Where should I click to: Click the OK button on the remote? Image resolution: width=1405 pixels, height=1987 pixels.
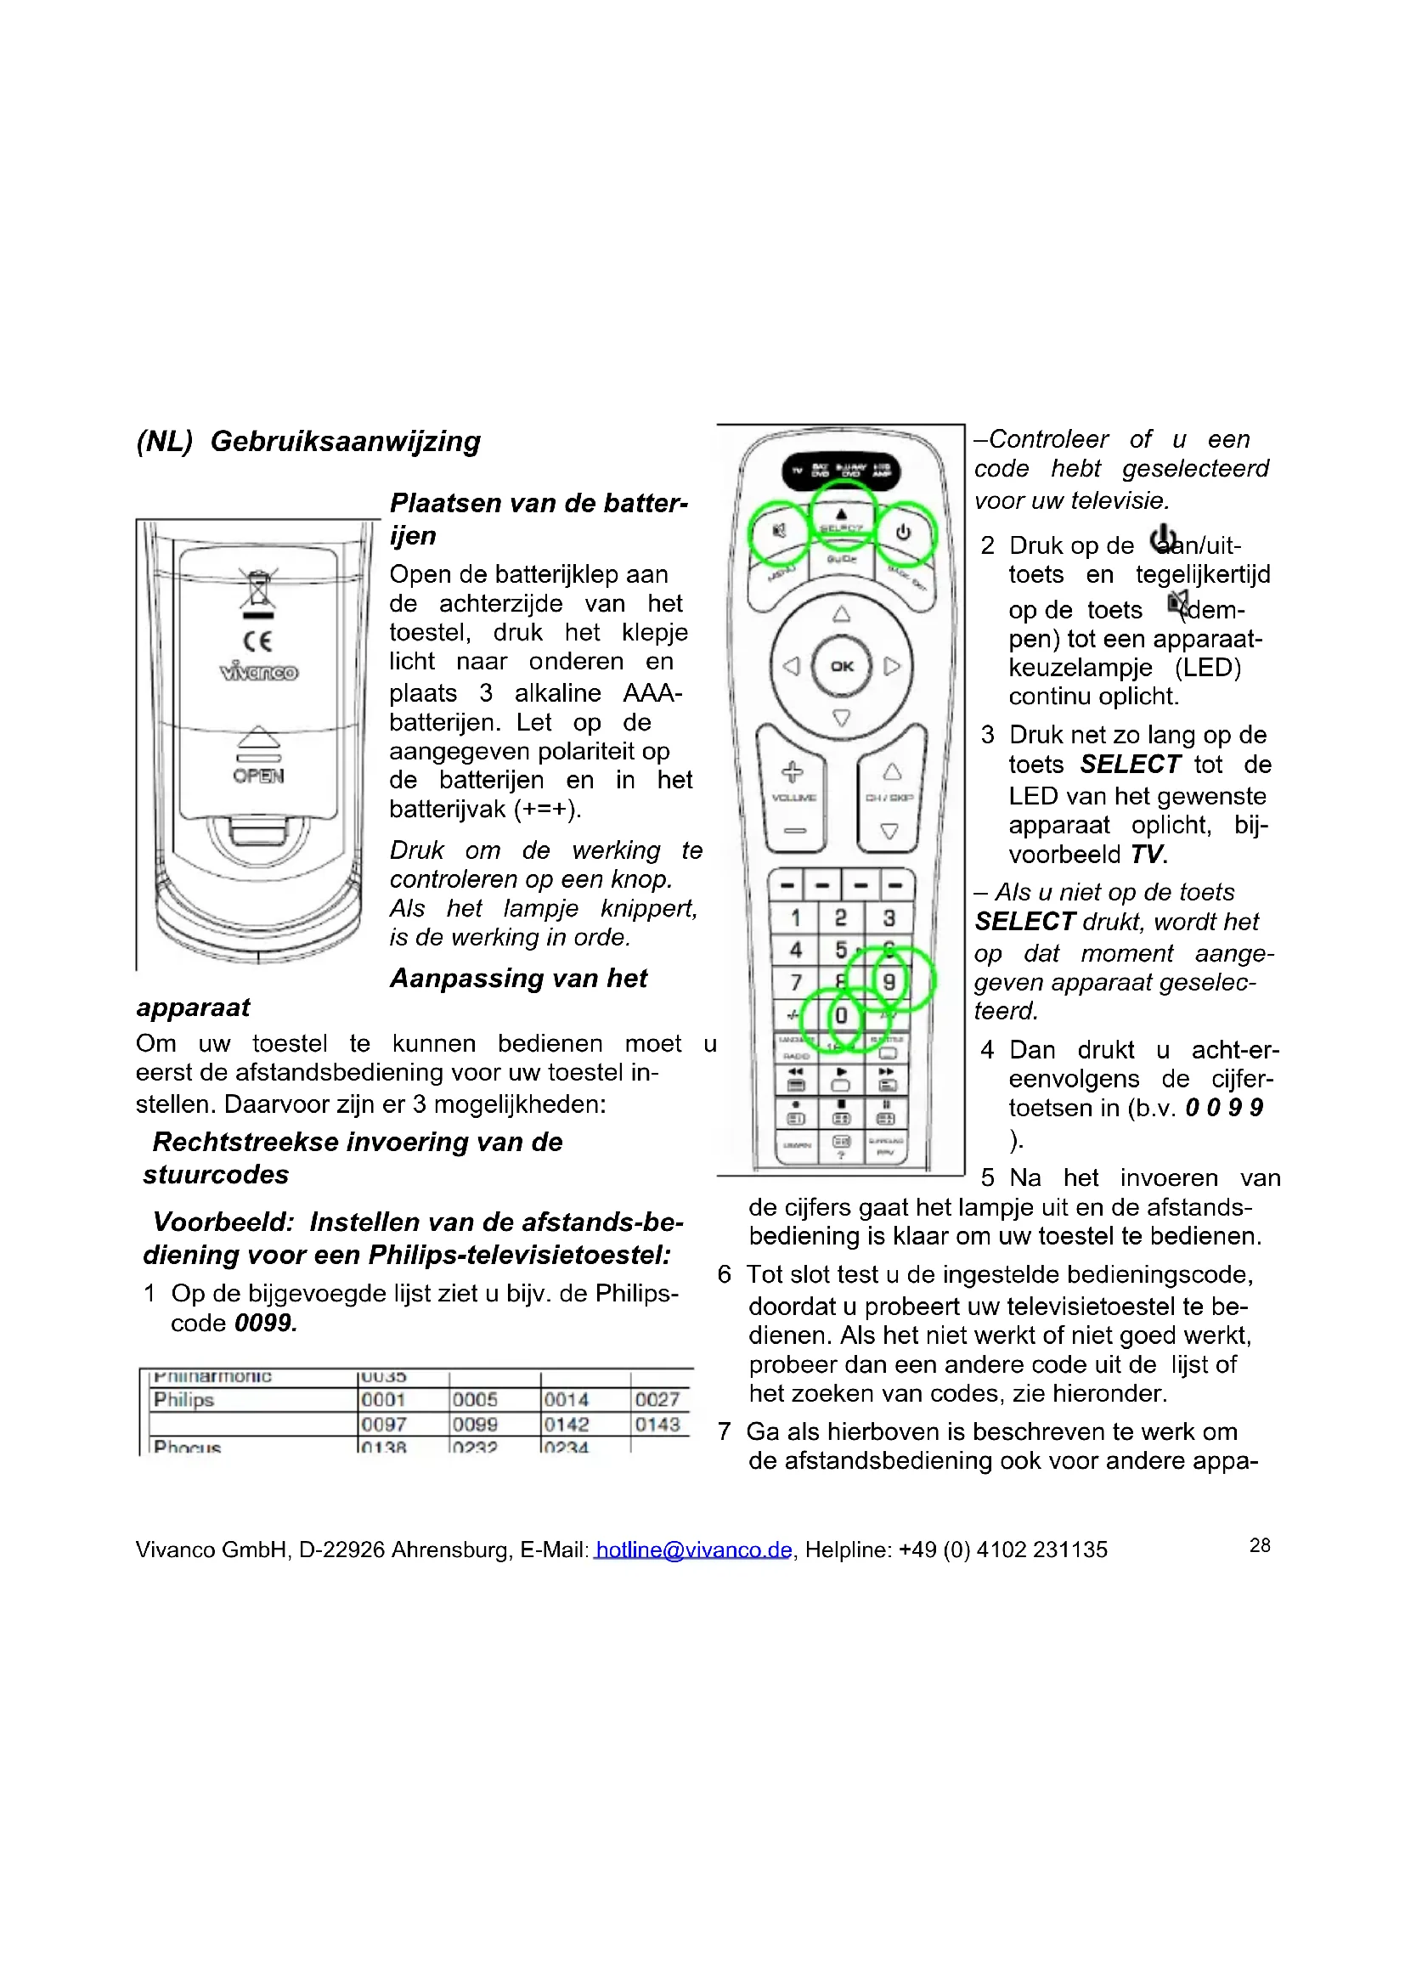(841, 665)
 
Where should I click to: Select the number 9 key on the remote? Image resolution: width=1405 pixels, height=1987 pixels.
(889, 980)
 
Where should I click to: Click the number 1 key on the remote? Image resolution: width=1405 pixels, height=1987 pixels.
(795, 917)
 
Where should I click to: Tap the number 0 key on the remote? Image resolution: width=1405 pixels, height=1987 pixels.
(840, 1015)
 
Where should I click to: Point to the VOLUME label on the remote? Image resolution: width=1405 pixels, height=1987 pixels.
(793, 797)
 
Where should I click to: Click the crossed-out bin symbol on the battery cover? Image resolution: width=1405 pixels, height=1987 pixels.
(258, 590)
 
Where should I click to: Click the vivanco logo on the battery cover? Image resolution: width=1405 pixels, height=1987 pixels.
(259, 673)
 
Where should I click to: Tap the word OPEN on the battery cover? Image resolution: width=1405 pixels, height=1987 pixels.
(258, 776)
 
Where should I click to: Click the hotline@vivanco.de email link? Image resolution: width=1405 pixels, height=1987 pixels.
(693, 1550)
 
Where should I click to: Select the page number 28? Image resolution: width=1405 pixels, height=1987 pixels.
(1260, 1544)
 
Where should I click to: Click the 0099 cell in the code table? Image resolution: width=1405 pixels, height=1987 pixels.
(475, 1425)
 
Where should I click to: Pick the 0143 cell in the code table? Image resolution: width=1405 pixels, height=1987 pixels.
(657, 1425)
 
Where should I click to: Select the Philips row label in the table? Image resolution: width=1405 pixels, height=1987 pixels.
(183, 1399)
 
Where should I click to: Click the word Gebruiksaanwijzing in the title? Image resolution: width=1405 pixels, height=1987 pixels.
(345, 442)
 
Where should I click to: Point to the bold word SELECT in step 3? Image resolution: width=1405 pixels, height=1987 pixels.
(1130, 765)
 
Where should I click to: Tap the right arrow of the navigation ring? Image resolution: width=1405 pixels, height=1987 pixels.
(892, 665)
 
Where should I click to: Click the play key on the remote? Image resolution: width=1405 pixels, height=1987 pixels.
(841, 1071)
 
